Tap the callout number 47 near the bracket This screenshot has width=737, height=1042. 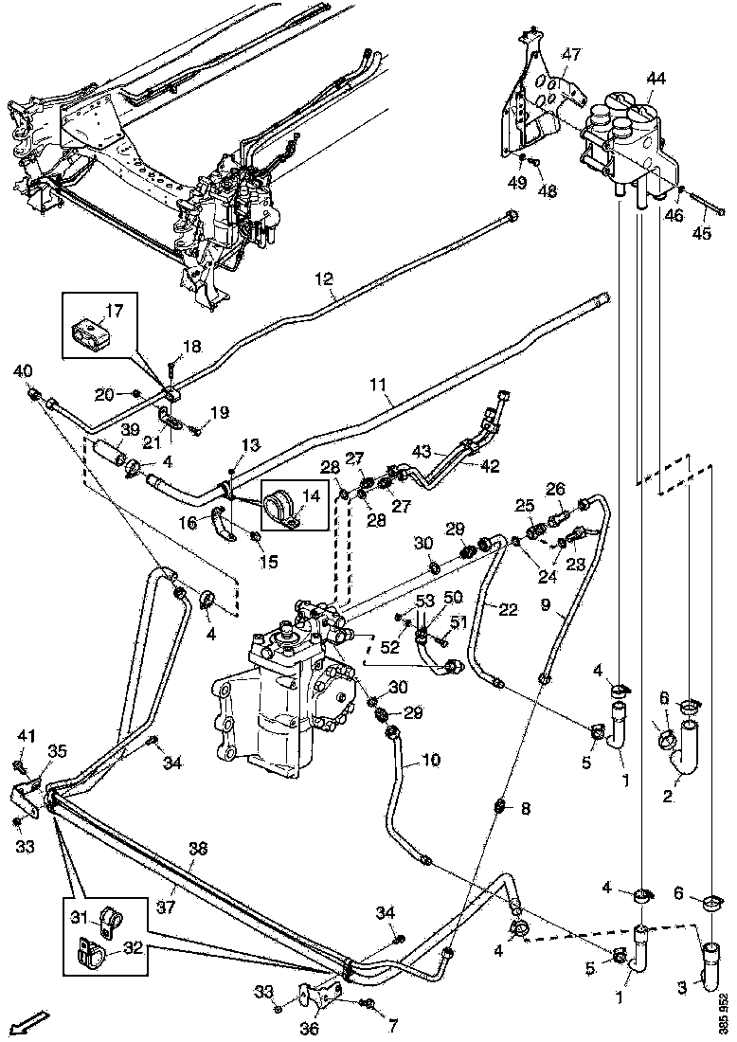coord(571,55)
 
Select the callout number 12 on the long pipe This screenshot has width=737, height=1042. coord(325,278)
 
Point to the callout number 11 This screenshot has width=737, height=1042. coord(379,385)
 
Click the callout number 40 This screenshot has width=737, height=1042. coord(23,370)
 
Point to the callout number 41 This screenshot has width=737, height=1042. coord(26,735)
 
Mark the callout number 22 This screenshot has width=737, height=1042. coord(509,609)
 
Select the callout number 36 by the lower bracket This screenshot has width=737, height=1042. coord(310,1030)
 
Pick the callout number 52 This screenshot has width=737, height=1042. coord(391,647)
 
